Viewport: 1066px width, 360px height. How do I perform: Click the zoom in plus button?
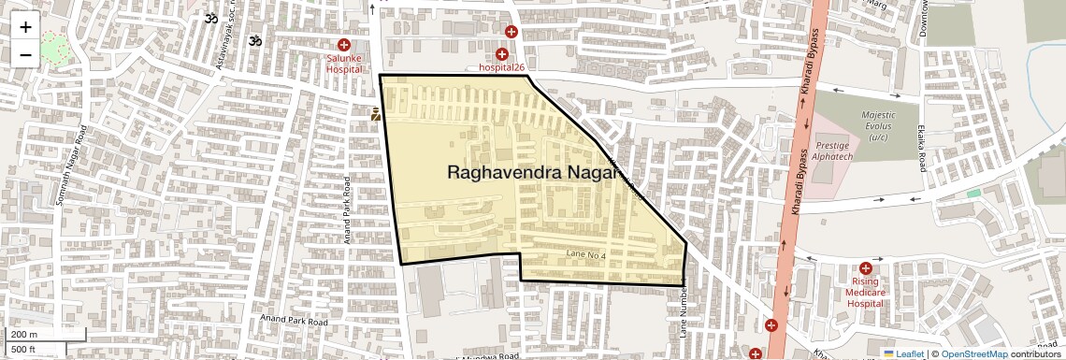point(25,26)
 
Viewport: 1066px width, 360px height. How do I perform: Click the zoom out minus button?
point(25,54)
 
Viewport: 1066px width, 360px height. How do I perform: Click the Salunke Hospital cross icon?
point(344,45)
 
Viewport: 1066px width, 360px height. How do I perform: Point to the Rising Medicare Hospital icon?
point(865,268)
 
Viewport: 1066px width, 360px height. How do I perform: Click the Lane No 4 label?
point(586,254)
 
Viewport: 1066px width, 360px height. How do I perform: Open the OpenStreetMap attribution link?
point(973,353)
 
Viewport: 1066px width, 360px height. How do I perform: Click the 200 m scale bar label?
point(25,334)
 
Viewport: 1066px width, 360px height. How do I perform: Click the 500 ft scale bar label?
point(23,349)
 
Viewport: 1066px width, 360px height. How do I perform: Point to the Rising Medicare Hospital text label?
point(865,292)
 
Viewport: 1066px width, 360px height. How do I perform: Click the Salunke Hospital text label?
point(344,63)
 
